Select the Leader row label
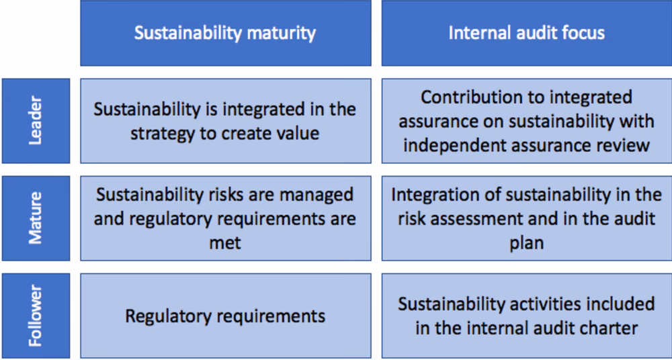36,120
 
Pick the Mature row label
36,218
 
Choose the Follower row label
36,315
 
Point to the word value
297,132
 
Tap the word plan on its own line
526,242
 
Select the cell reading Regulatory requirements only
225,315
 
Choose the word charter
609,328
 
